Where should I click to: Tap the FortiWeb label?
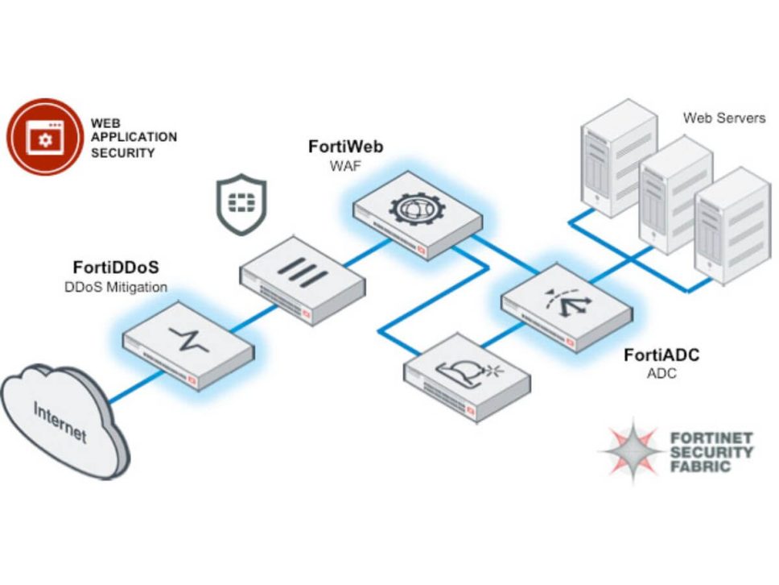(346, 147)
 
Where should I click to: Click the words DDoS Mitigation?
(115, 287)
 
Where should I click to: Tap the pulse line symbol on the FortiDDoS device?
(190, 339)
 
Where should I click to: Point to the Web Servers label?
(724, 118)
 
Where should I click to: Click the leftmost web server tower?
(608, 157)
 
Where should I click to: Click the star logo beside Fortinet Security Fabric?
(633, 450)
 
